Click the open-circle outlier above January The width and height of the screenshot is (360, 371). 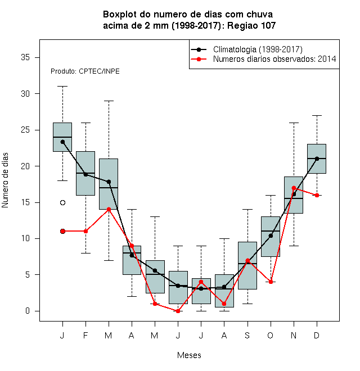[62, 202]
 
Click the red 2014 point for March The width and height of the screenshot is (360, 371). [109, 210]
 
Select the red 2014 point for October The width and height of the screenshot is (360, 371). [271, 282]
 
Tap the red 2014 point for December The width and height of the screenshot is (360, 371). [317, 195]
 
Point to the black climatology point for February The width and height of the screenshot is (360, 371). [85, 174]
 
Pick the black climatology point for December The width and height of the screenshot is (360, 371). [317, 159]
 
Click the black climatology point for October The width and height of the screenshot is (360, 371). [271, 236]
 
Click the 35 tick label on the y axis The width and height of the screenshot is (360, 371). [25, 57]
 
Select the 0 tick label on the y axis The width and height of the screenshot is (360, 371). [28, 311]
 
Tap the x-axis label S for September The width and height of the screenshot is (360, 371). [247, 335]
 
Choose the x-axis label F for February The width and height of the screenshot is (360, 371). [85, 335]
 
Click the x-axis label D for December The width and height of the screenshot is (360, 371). [317, 335]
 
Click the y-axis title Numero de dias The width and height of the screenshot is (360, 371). [5, 180]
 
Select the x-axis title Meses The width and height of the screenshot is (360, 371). [189, 355]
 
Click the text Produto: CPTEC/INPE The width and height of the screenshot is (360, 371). [85, 71]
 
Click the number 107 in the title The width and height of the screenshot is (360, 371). [268, 25]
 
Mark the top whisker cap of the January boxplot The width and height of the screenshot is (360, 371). [62, 87]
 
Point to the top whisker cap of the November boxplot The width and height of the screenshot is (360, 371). [294, 123]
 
